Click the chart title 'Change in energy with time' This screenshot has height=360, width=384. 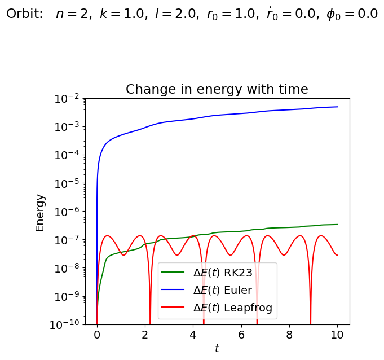tap(217, 89)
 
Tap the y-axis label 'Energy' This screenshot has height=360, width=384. tap(40, 212)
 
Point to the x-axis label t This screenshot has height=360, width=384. tap(217, 349)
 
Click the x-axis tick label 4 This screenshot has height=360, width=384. tap(193, 334)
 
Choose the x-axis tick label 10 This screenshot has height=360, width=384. tap(337, 334)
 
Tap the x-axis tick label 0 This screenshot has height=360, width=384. tap(97, 334)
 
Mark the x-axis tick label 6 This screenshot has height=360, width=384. tap(241, 334)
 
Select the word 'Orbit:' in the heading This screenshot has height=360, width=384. tap(25, 14)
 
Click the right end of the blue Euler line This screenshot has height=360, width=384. tap(337, 107)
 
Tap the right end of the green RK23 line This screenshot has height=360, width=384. tap(337, 225)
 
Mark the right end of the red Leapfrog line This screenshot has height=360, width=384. tap(337, 255)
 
